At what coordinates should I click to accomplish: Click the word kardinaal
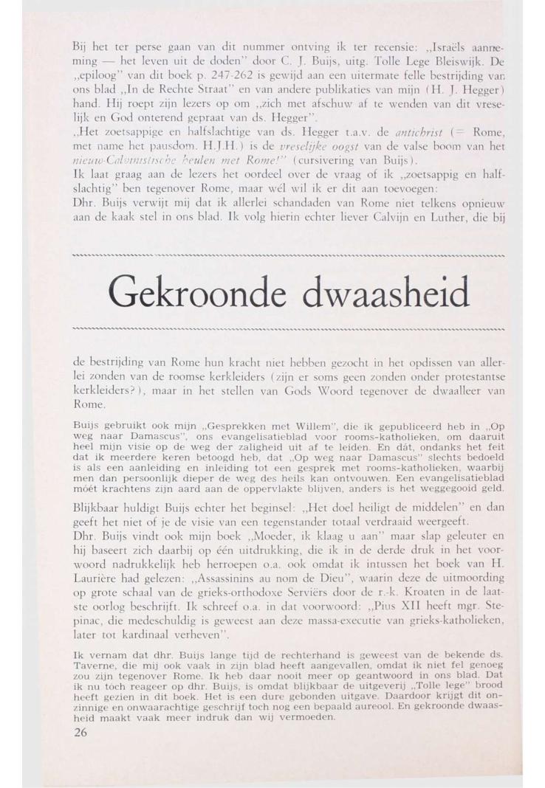click(x=133, y=637)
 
